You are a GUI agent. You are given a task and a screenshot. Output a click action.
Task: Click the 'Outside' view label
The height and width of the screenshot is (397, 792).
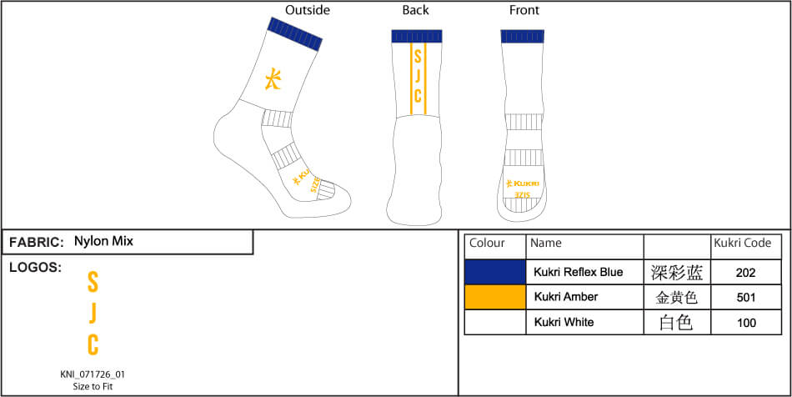(x=308, y=11)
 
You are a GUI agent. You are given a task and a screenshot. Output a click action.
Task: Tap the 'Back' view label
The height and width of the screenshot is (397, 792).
(x=415, y=11)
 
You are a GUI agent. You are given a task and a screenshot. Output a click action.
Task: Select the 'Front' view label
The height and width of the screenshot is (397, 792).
(x=524, y=11)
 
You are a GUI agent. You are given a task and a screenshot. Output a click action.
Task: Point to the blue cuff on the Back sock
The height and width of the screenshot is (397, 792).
(x=417, y=37)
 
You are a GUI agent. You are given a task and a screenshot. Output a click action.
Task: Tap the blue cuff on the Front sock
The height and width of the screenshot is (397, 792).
(x=524, y=37)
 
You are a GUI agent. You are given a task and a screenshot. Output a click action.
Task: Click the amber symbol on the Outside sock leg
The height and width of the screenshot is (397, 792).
(x=273, y=78)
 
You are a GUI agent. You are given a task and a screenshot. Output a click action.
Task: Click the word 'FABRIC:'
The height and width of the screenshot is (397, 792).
(x=37, y=243)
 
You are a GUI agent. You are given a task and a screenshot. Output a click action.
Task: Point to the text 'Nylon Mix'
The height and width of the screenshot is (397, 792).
(x=103, y=242)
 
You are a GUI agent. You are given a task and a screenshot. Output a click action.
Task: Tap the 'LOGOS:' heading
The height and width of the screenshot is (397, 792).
(x=35, y=268)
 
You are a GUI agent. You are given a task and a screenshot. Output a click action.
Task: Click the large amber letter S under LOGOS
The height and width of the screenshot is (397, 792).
(x=93, y=282)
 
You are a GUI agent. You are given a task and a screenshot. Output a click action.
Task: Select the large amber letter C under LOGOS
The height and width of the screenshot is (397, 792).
(x=93, y=344)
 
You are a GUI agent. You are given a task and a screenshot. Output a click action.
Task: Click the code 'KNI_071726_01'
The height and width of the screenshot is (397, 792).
(x=93, y=374)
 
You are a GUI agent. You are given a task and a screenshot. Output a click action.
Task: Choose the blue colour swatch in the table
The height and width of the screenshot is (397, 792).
(x=495, y=272)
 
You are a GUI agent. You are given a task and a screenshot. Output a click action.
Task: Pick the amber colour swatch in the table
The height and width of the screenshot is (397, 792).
(x=495, y=297)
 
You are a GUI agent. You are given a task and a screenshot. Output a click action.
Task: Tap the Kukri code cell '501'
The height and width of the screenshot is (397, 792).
(x=746, y=297)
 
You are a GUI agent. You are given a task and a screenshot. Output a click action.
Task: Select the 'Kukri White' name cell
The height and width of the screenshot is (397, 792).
(x=564, y=322)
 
